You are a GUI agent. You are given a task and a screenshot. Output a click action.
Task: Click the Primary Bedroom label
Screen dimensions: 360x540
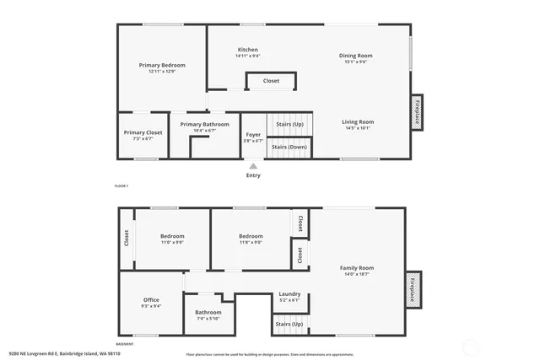[x=162, y=65]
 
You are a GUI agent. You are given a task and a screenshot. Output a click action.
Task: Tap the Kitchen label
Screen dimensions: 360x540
[x=247, y=50]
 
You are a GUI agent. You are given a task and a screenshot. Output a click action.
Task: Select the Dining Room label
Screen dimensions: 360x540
[x=356, y=56]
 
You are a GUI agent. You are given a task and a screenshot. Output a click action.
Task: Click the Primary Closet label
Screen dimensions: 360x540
[x=143, y=132]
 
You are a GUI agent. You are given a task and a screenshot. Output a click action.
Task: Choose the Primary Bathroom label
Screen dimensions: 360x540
[x=204, y=125]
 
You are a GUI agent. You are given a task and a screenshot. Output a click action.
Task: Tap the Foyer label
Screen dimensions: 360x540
[x=253, y=135]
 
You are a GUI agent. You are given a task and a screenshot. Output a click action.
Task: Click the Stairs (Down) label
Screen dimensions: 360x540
[x=289, y=148]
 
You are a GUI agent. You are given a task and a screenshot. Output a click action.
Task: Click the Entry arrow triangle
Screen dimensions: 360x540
[x=252, y=166]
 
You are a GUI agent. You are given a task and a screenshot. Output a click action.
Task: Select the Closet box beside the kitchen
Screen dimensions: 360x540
[x=271, y=81]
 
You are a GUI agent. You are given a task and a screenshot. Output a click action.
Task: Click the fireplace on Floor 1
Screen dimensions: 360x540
[x=416, y=112]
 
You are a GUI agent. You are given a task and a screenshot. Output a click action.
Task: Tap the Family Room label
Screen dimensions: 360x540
[x=356, y=268]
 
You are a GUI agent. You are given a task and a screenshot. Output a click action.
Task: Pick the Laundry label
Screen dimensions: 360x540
[x=289, y=294]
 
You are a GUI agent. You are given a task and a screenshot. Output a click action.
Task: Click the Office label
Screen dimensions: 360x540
[x=151, y=300]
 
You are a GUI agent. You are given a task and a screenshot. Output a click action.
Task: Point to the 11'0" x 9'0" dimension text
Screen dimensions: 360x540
[x=172, y=242]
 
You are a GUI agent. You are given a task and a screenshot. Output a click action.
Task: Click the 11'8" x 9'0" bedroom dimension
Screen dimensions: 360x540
[x=251, y=242]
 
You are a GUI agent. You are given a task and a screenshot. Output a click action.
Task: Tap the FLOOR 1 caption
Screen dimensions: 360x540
[x=121, y=185]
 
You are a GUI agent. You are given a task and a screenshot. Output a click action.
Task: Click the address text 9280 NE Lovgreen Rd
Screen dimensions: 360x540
[x=64, y=353]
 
